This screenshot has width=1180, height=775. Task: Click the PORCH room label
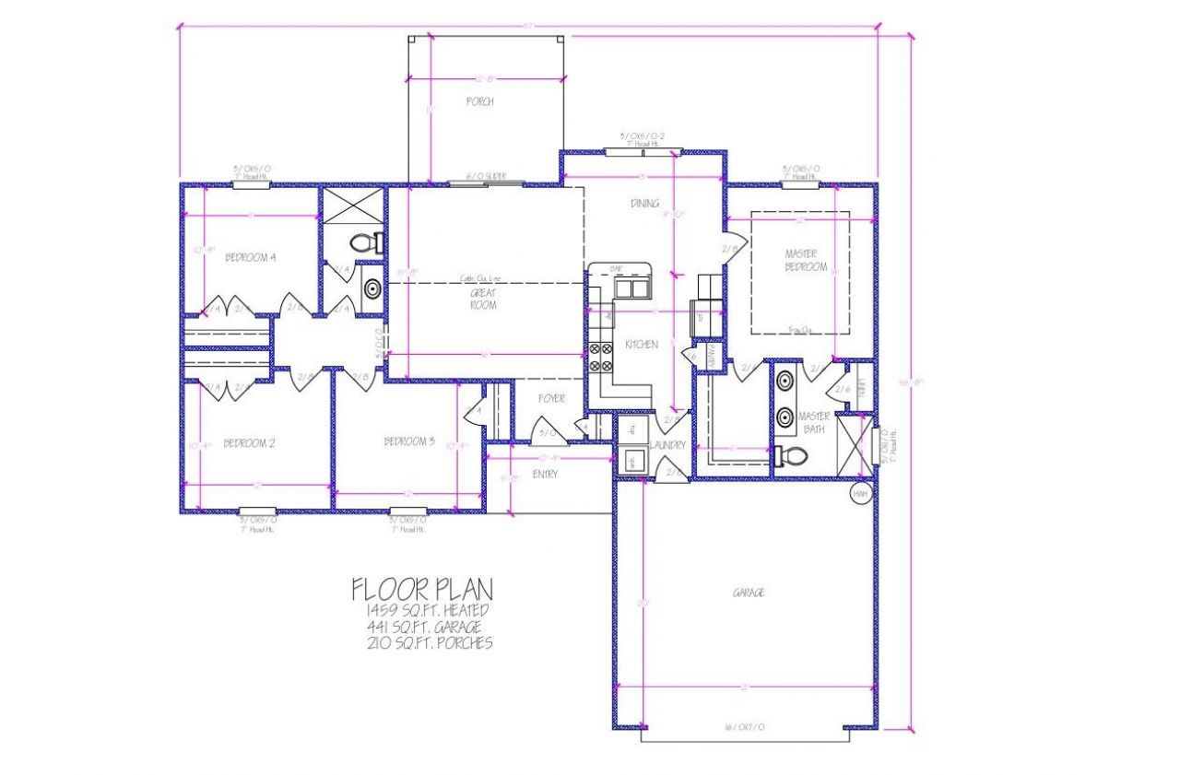pos(479,101)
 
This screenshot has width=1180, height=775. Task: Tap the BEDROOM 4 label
pos(250,257)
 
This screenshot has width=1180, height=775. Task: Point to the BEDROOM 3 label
pos(408,441)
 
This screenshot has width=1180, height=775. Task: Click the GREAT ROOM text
pos(483,299)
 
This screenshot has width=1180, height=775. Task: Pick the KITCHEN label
pos(642,344)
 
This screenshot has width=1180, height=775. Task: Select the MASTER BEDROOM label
pos(807,260)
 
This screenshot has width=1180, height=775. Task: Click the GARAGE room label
pos(748,593)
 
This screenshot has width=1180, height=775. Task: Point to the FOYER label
pos(551,399)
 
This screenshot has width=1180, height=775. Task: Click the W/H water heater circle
pos(860,494)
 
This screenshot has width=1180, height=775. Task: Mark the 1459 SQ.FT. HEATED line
pos(426,610)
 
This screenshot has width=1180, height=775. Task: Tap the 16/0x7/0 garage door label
pos(745,727)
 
